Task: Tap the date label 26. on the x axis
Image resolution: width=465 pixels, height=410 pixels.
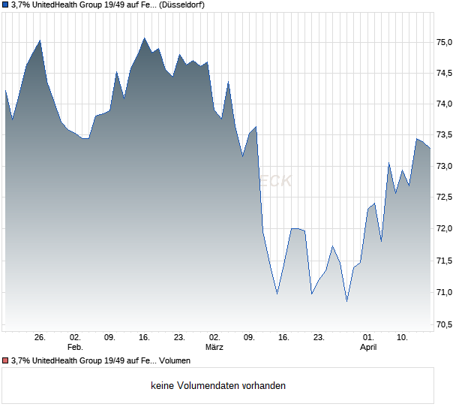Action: [40, 338]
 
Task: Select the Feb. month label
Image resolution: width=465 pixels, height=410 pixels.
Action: [74, 348]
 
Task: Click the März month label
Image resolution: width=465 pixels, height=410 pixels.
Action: [214, 348]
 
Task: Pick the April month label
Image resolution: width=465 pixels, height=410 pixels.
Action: [368, 348]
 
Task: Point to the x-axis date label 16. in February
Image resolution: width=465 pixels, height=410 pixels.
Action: [145, 338]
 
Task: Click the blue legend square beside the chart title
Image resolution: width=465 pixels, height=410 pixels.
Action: [5, 5]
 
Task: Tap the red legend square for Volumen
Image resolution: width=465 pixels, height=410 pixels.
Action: [5, 360]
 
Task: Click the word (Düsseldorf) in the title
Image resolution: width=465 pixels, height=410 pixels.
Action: [182, 5]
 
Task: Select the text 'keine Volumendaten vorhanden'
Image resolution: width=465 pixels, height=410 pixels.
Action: [218, 386]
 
